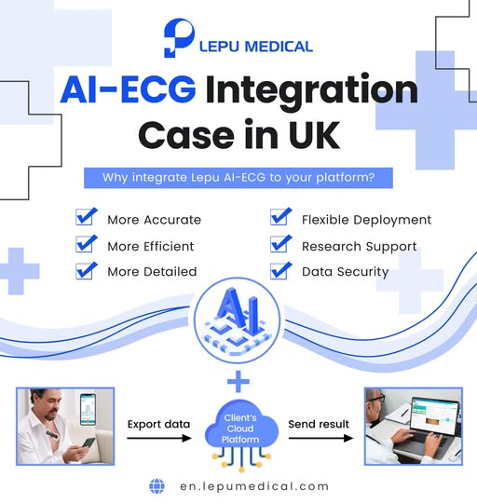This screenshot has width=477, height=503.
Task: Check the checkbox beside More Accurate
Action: [x=87, y=219]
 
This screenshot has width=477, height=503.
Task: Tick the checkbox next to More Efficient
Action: [x=87, y=245]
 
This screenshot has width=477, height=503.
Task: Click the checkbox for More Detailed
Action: [x=87, y=271]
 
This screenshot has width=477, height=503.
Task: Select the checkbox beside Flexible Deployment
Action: [x=280, y=219]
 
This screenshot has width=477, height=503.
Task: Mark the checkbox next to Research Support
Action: [x=280, y=245]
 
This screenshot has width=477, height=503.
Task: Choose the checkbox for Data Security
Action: [x=280, y=271]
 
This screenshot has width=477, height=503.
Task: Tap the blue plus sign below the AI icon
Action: [x=239, y=380]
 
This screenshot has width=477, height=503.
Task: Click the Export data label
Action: [x=158, y=424]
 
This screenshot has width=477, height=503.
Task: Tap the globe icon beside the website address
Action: [x=157, y=485]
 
